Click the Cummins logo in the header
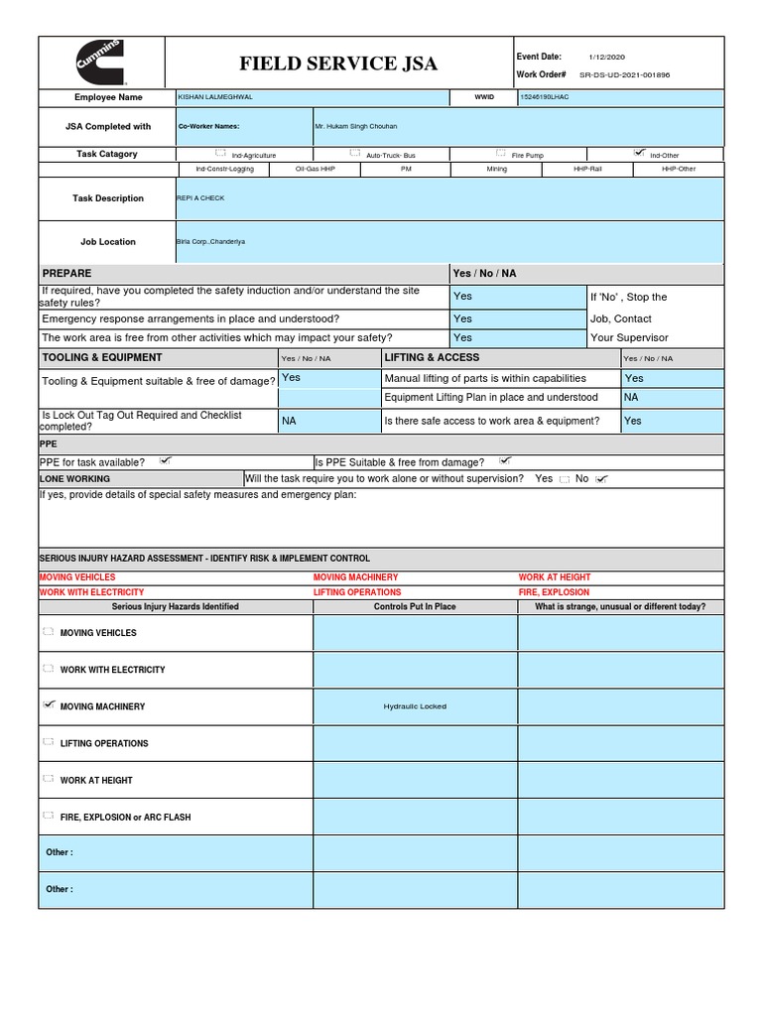pos(101,63)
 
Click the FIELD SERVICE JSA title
pos(337,64)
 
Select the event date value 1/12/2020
pos(606,58)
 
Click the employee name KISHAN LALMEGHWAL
pos(215,97)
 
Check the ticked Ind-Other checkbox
pos(639,154)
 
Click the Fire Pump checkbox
pos(502,154)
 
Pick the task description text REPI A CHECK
pos(200,198)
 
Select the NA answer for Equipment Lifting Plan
pos(631,397)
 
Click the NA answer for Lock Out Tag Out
pos(289,421)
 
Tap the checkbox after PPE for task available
pos(166,460)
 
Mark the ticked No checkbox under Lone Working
pos(601,479)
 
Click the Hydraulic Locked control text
pos(415,706)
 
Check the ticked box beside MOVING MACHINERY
pos(50,705)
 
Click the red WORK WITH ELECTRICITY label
pos(91,592)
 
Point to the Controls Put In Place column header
pos(415,606)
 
